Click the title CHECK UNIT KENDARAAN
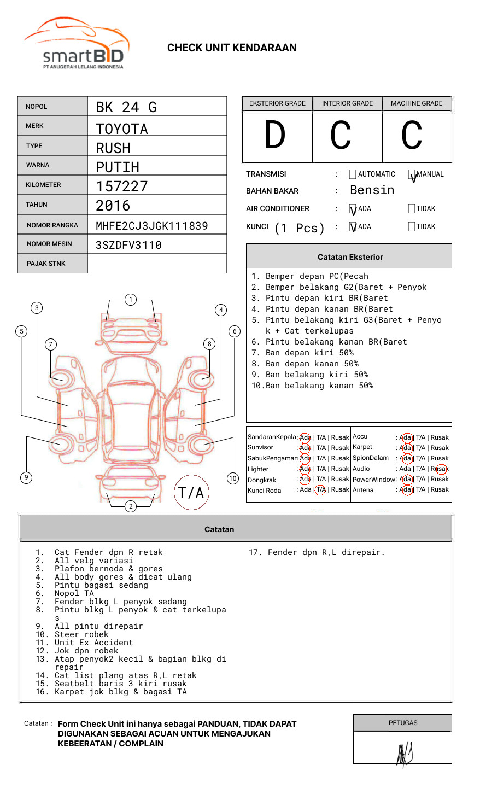232,48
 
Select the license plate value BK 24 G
126,107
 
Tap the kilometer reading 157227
122,186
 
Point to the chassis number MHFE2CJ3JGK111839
151,226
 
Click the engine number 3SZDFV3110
128,245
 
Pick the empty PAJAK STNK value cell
157,264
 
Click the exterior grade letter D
275,136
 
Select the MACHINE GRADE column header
417,103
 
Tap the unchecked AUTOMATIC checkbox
353,174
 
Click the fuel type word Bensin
372,190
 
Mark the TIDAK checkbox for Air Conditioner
412,208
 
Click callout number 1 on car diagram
130,300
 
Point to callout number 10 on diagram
233,478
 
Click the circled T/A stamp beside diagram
191,493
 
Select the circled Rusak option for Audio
440,469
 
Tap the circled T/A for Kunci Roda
320,489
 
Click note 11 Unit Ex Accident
93,643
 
